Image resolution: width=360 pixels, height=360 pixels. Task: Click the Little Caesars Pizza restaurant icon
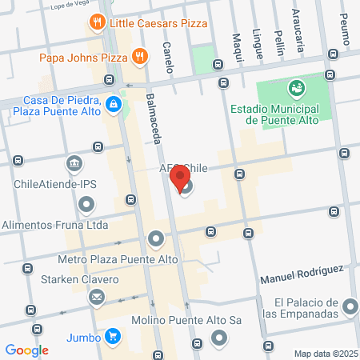tap(97, 22)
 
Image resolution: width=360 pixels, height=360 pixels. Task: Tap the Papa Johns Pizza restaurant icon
tap(139, 56)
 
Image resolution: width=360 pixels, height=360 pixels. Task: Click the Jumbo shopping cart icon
tap(114, 337)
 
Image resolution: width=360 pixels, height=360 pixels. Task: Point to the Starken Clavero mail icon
tap(97, 298)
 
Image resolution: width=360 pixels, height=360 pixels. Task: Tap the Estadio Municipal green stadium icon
tap(297, 86)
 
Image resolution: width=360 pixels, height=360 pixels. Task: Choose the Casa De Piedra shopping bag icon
tap(114, 103)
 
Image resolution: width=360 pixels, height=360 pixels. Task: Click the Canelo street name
tap(168, 58)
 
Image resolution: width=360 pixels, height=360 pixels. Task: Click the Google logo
tap(26, 350)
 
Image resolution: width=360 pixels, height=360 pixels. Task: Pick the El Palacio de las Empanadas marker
tap(350, 307)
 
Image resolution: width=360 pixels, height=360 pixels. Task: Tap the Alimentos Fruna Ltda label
tap(54, 226)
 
